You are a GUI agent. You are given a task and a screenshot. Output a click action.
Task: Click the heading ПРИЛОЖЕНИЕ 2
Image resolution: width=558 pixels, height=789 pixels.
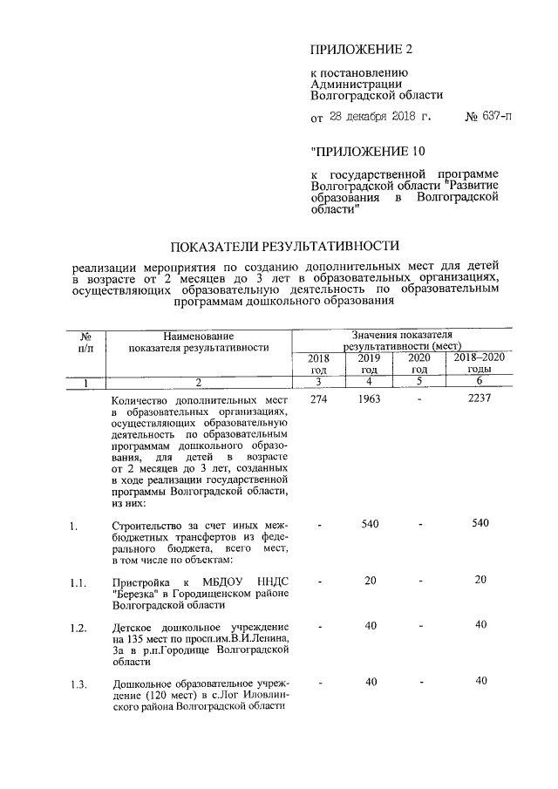tap(360, 49)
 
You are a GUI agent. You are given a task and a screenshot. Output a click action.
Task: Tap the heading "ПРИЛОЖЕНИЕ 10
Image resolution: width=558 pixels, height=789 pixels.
tap(364, 150)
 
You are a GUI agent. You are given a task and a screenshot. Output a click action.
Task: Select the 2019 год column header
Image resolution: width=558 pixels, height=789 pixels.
tap(369, 364)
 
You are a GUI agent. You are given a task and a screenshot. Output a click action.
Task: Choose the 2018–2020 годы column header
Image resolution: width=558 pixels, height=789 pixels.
tap(480, 364)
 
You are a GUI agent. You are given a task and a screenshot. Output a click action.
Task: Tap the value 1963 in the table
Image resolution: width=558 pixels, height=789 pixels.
tap(369, 398)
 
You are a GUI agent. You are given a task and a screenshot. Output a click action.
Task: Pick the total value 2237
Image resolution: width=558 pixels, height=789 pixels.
tap(480, 398)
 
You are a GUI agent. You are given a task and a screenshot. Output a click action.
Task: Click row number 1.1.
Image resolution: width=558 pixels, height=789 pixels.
tap(78, 583)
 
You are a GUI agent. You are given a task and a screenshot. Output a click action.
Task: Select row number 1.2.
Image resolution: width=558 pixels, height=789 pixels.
tap(78, 628)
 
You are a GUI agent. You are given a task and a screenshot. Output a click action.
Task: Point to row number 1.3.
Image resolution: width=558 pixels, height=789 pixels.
tap(78, 683)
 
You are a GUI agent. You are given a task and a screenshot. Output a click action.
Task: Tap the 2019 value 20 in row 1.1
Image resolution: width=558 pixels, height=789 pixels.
tap(370, 582)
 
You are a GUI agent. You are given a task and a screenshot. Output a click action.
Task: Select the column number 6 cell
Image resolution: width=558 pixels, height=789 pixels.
tap(480, 382)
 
